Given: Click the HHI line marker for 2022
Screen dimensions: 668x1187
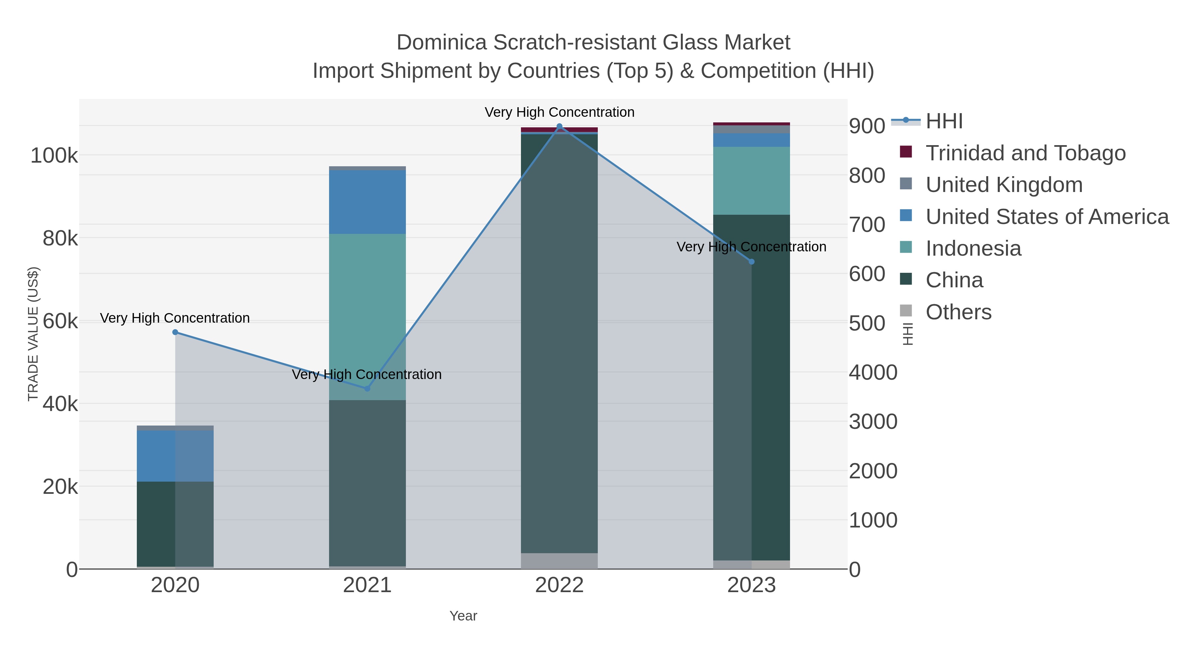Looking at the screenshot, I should pyautogui.click(x=560, y=126).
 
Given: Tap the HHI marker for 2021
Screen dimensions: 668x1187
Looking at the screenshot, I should pyautogui.click(x=367, y=389).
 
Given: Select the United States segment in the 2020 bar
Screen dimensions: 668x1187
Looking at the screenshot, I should pyautogui.click(x=175, y=456).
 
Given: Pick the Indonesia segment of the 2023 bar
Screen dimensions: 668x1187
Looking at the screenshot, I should pyautogui.click(x=751, y=181).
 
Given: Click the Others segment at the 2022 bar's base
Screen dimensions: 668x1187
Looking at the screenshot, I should pyautogui.click(x=560, y=561).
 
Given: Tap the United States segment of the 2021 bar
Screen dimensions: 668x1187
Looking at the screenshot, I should pyautogui.click(x=367, y=202).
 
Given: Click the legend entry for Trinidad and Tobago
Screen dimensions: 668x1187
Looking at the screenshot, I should pyautogui.click(x=1025, y=153).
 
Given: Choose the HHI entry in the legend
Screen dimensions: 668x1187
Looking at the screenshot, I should pyautogui.click(x=944, y=121).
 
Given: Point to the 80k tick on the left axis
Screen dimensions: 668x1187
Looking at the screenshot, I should pyautogui.click(x=60, y=239).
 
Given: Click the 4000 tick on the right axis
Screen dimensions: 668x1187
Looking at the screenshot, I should pyautogui.click(x=873, y=372).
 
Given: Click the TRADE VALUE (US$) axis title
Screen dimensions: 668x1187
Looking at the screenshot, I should pyautogui.click(x=33, y=334).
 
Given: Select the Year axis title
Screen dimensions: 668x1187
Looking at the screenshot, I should pyautogui.click(x=463, y=616).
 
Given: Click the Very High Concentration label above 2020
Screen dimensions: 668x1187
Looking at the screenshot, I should pyautogui.click(x=175, y=318).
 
